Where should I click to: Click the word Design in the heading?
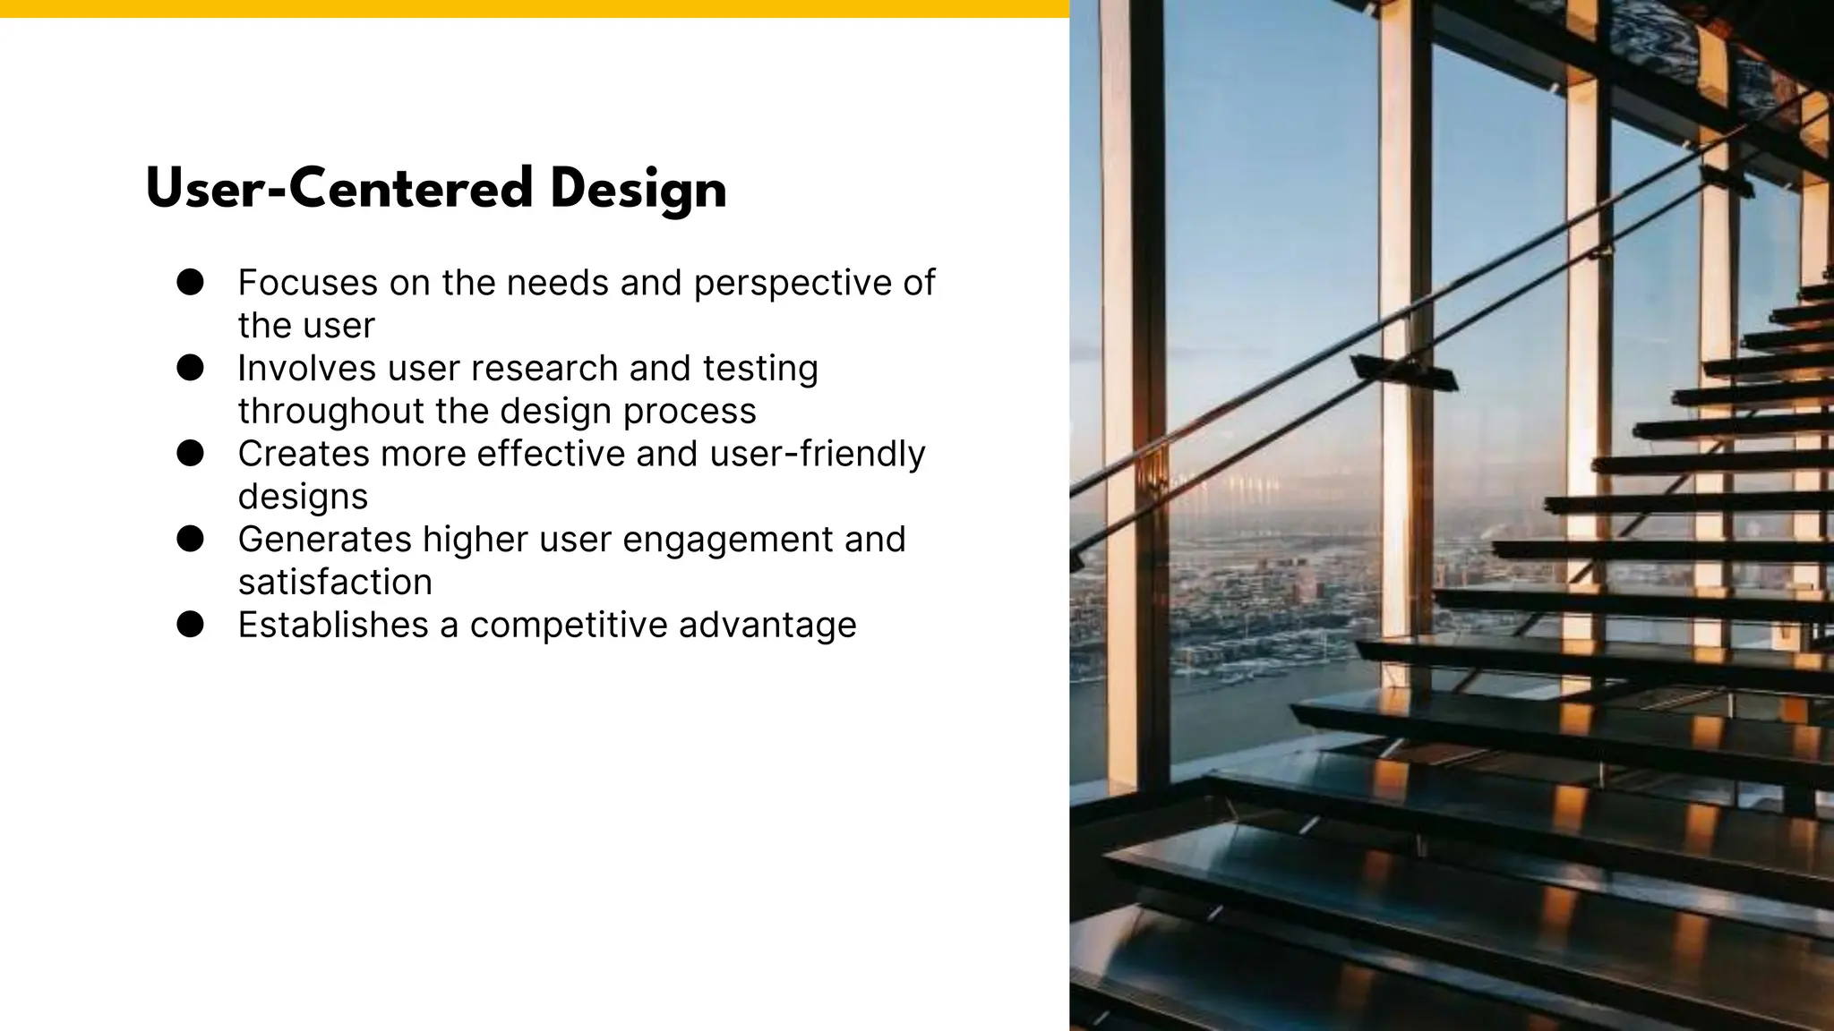click(638, 191)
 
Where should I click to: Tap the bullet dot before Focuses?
click(190, 282)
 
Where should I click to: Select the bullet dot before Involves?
click(190, 368)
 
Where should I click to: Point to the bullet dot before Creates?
click(190, 453)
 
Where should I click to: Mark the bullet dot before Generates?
click(190, 539)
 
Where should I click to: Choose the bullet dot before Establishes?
click(190, 624)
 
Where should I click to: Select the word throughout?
click(330, 411)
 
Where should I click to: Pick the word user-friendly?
click(817, 453)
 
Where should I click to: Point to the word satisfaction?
click(335, 582)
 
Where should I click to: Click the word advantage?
click(767, 626)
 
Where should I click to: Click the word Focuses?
click(307, 283)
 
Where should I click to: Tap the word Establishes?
click(333, 625)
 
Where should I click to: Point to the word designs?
click(303, 497)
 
